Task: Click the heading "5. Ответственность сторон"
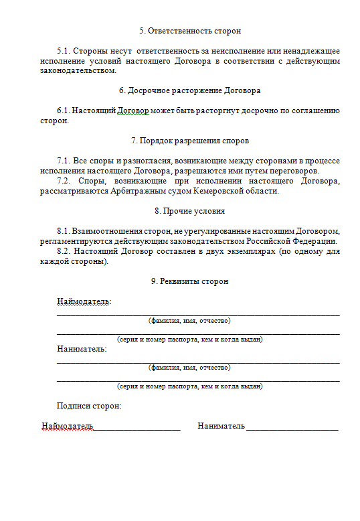point(189,31)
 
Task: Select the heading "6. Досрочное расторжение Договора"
point(189,90)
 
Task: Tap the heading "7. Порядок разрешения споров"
point(190,141)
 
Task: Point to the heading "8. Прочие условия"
point(189,210)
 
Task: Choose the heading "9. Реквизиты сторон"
point(189,281)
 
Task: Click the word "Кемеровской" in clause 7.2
point(219,191)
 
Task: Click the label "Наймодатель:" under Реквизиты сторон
point(84,301)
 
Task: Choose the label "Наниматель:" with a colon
point(82,349)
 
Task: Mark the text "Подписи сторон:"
point(89,406)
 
